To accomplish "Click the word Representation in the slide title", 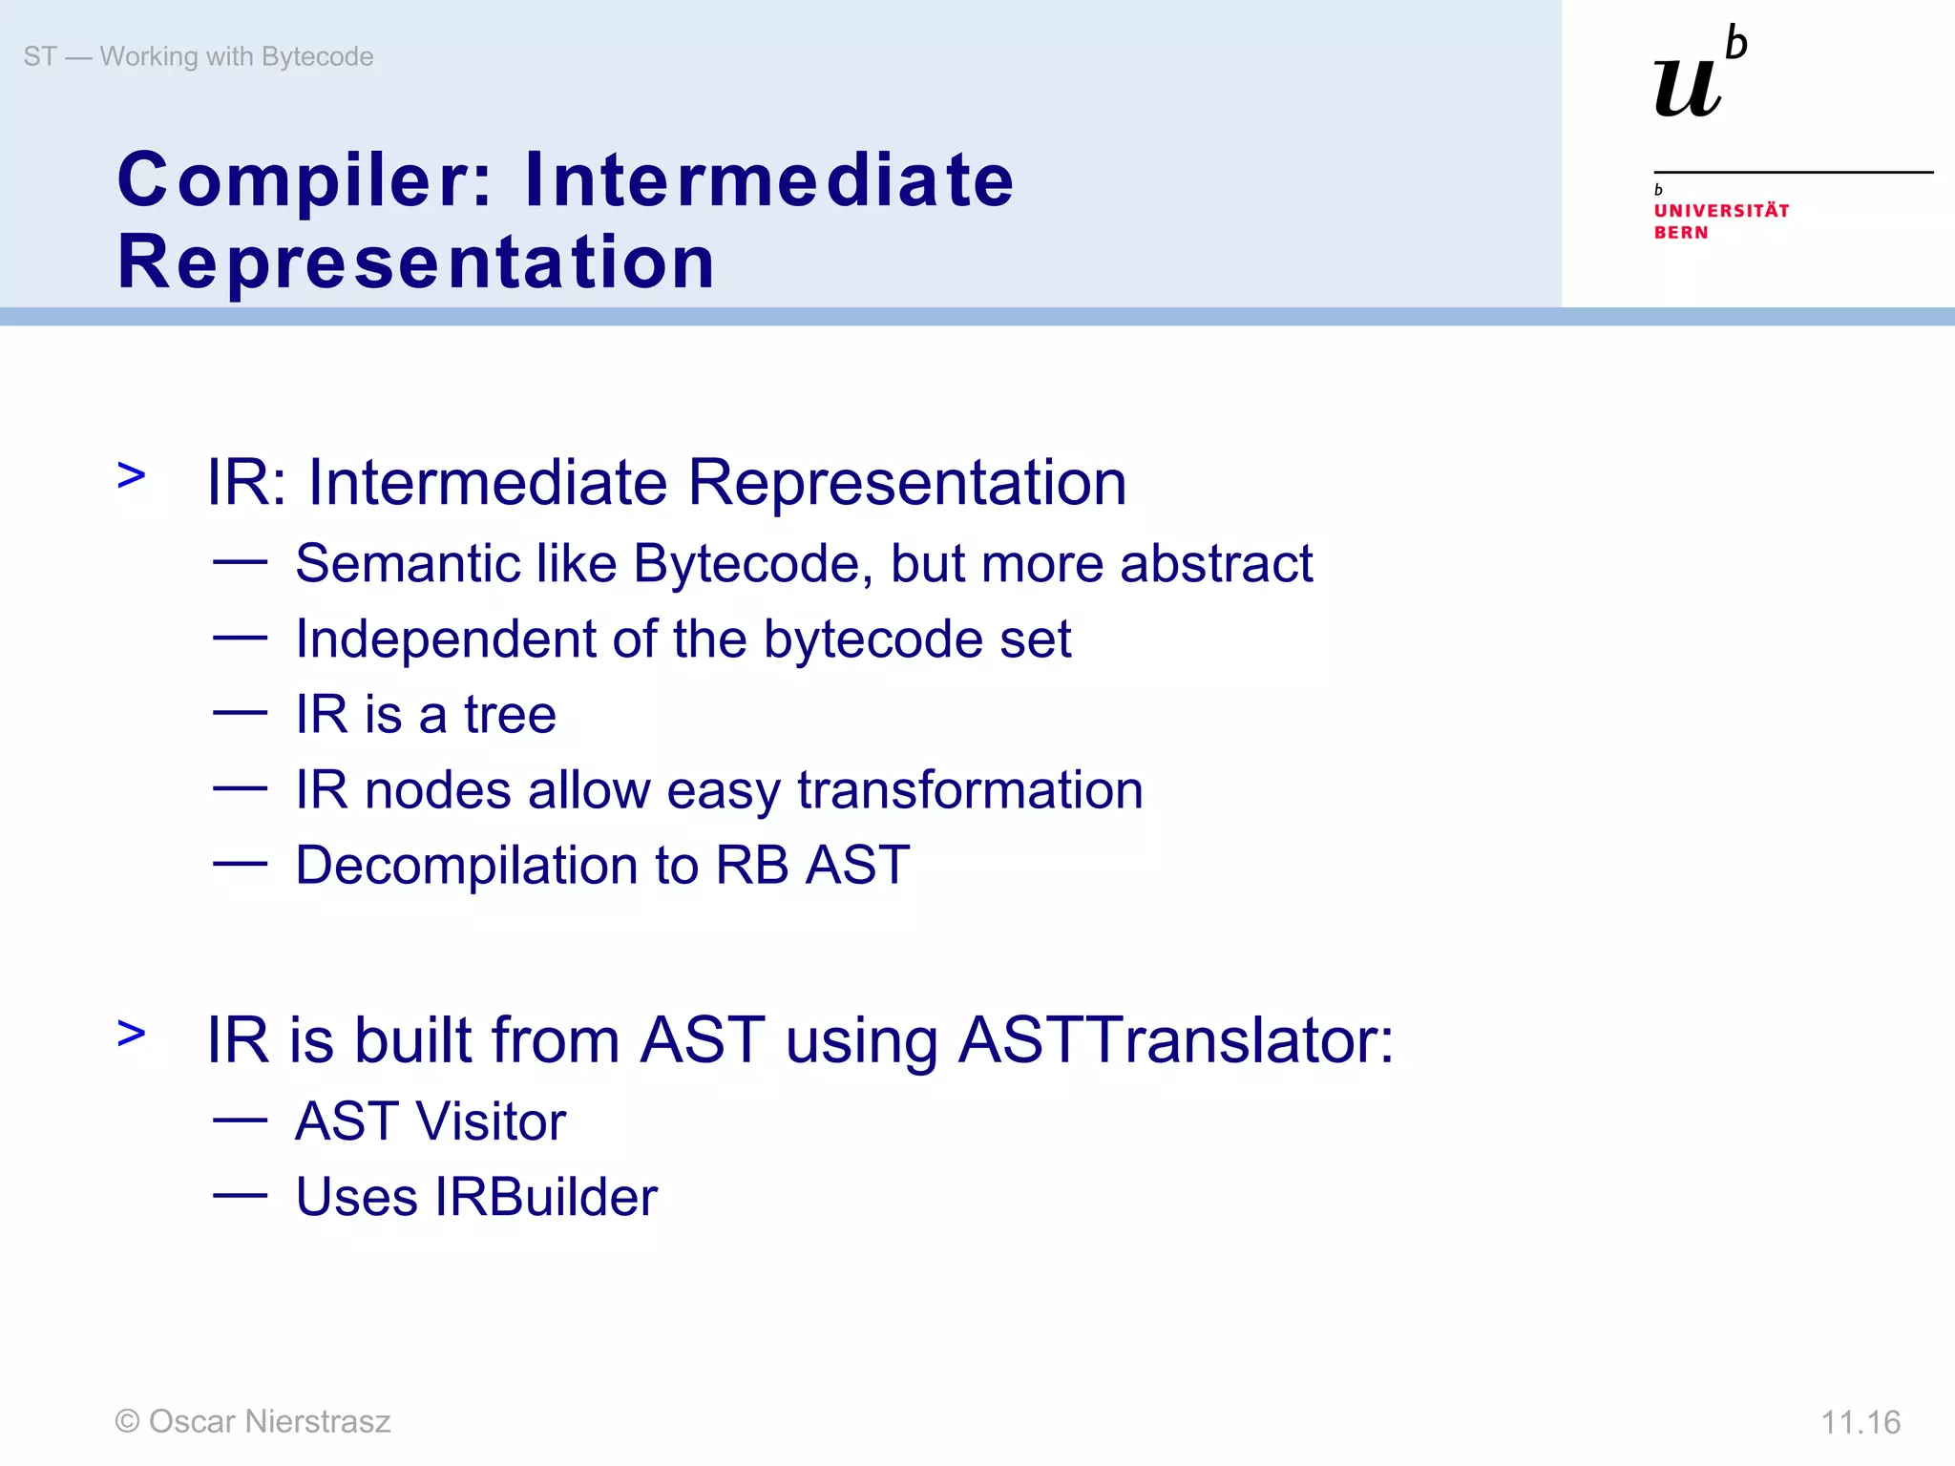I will coord(416,262).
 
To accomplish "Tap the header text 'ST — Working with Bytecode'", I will coord(199,56).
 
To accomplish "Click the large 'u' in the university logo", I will coord(1688,88).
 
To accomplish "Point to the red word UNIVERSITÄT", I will coord(1721,210).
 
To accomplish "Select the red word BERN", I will coord(1681,233).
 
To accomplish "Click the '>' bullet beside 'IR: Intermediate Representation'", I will coord(132,474).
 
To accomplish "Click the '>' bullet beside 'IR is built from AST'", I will coord(132,1033).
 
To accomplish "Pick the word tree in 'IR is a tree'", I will coord(510,714).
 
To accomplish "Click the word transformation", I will coord(970,790).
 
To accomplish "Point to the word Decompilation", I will coord(466,866).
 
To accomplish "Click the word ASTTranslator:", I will coord(1176,1039).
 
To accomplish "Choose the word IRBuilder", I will coord(546,1197).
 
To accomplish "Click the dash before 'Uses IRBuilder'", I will coord(240,1194).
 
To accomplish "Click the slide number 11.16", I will coord(1860,1422).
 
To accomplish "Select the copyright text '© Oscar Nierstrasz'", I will coord(253,1421).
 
